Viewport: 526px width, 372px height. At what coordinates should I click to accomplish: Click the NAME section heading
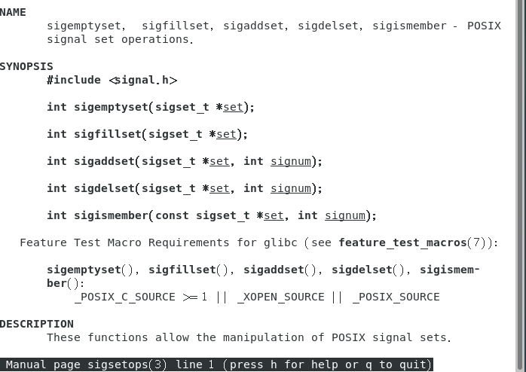(x=13, y=12)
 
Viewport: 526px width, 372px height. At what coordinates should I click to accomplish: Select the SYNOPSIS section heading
(x=26, y=66)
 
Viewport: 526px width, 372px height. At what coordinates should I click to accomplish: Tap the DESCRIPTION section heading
(x=37, y=324)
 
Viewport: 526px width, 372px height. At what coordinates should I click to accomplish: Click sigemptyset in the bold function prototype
(x=111, y=107)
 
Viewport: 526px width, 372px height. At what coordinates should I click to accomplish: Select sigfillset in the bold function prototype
(x=107, y=134)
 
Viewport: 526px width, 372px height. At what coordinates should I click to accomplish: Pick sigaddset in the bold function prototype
(x=104, y=161)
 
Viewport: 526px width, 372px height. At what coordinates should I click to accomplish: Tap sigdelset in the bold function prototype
(x=104, y=188)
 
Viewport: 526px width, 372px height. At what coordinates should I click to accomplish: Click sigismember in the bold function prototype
(x=111, y=215)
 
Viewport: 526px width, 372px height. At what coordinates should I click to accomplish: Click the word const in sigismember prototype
(x=172, y=215)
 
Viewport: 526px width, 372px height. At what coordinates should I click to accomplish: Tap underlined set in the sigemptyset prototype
(x=233, y=107)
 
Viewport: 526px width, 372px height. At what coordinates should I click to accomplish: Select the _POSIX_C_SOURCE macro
(x=124, y=297)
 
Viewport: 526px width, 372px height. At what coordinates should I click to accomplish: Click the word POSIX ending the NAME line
(x=484, y=26)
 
